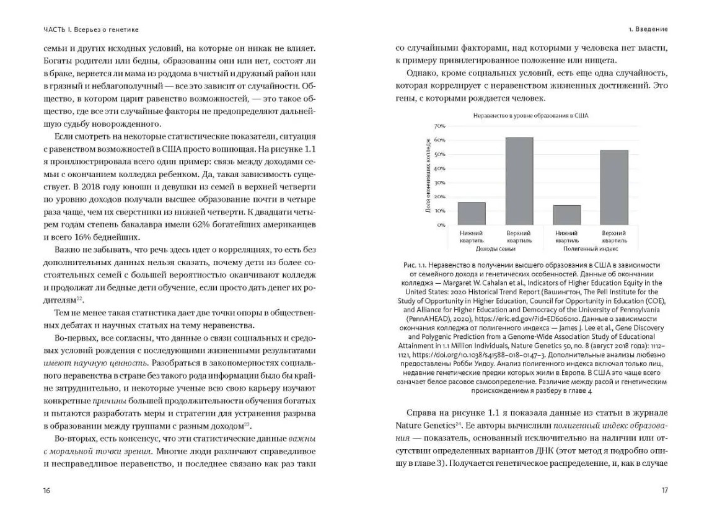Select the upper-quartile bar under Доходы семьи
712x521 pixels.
[519, 181]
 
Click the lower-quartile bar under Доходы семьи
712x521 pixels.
[472, 214]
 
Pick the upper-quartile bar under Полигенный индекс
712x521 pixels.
[614, 187]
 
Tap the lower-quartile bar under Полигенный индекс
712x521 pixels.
[566, 215]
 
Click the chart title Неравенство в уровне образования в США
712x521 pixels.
[530, 115]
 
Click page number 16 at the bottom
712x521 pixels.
[47, 490]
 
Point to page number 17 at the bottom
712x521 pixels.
[664, 490]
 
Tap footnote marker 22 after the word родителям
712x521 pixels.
[79, 299]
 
